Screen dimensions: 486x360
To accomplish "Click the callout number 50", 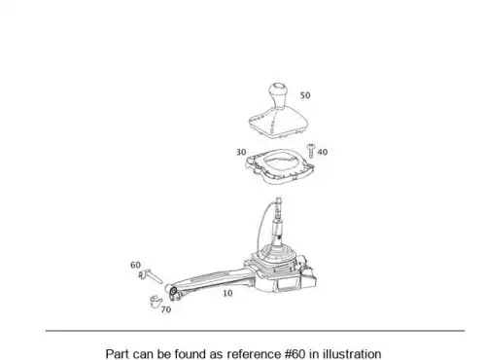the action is tap(305, 95).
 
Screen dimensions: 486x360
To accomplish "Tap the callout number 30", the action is tap(241, 152).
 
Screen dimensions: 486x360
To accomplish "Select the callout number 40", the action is tap(323, 152).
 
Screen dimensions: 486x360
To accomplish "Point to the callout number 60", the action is tap(135, 265).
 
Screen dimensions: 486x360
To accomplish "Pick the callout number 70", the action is tap(166, 309).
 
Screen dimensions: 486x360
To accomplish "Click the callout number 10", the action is tap(227, 293).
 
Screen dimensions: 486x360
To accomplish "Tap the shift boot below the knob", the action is tap(278, 121).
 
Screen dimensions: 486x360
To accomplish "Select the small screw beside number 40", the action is tap(311, 151).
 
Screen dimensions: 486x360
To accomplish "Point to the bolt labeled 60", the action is tap(151, 276).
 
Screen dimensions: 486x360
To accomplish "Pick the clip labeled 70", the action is tap(156, 301).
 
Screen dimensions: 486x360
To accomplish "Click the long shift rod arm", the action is tap(211, 280).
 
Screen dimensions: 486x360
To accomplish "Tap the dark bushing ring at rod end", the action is tap(173, 290).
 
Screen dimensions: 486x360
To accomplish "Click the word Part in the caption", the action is tap(118, 353).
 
